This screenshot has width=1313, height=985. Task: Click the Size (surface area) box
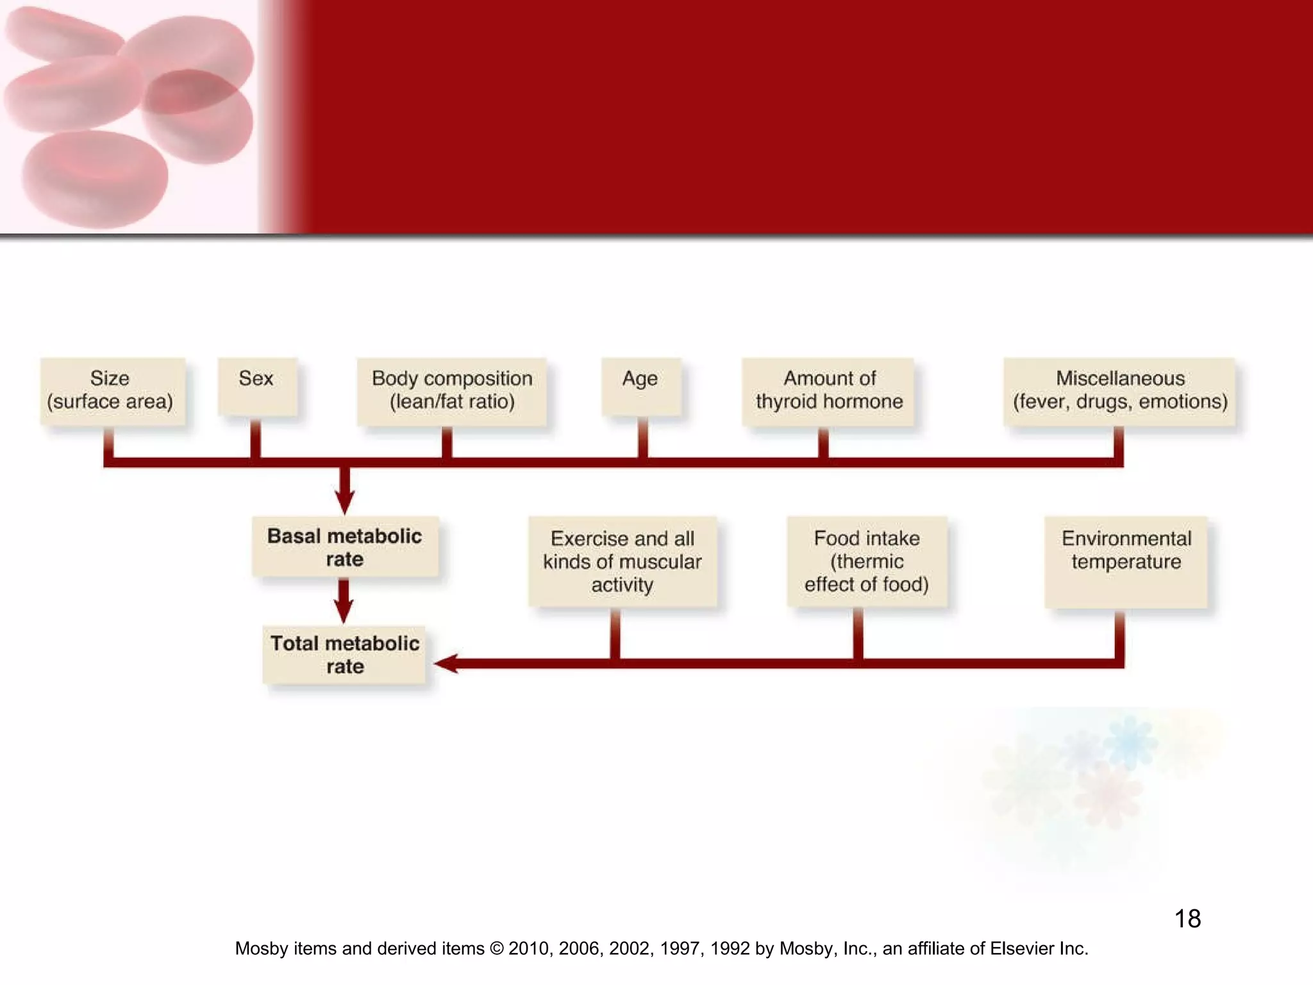point(112,391)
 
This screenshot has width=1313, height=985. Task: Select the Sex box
point(257,386)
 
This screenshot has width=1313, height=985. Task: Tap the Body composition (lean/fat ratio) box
point(452,391)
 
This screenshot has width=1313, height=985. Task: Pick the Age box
point(640,386)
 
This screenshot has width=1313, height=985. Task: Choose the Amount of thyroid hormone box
point(828,391)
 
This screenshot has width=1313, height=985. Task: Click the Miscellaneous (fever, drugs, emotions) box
point(1119,391)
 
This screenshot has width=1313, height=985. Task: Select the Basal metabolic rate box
point(345,546)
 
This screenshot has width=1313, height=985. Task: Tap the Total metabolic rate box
point(344,654)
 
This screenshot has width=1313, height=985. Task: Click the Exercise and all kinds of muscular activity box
point(622,561)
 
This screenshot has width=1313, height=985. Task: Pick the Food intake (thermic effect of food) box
point(867,561)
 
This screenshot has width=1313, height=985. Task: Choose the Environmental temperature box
point(1126,561)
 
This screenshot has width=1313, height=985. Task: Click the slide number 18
point(1187,918)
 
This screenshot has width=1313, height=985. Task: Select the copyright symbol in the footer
point(496,948)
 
